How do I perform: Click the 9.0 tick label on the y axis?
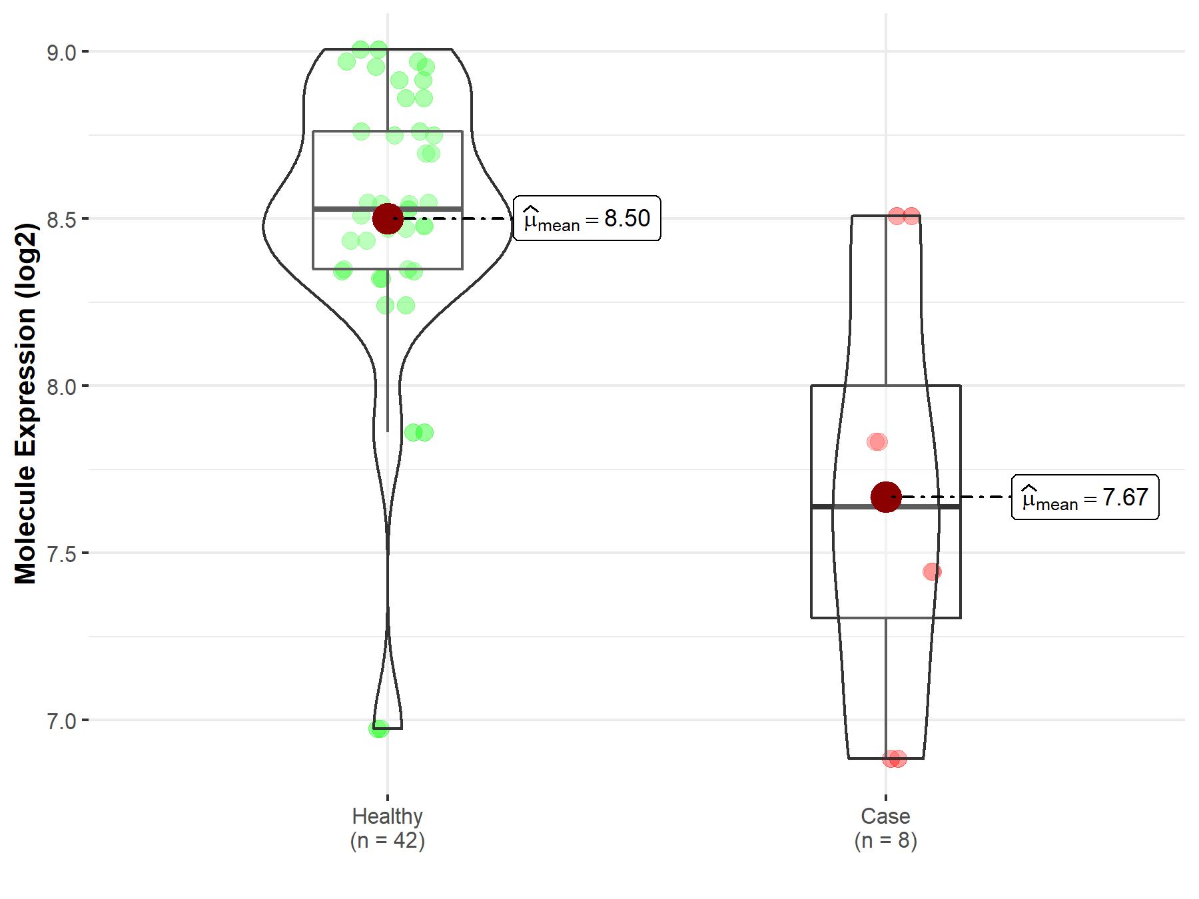[61, 53]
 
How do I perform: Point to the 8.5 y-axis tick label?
[61, 220]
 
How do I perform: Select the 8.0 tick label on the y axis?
[61, 387]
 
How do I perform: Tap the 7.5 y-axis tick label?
[61, 554]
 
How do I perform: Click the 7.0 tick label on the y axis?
[61, 721]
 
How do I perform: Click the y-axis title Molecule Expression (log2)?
[25, 404]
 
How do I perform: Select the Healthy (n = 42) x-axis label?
[388, 828]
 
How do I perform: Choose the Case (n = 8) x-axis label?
[886, 828]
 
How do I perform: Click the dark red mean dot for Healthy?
[388, 218]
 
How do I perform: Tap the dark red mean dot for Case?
[886, 497]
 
